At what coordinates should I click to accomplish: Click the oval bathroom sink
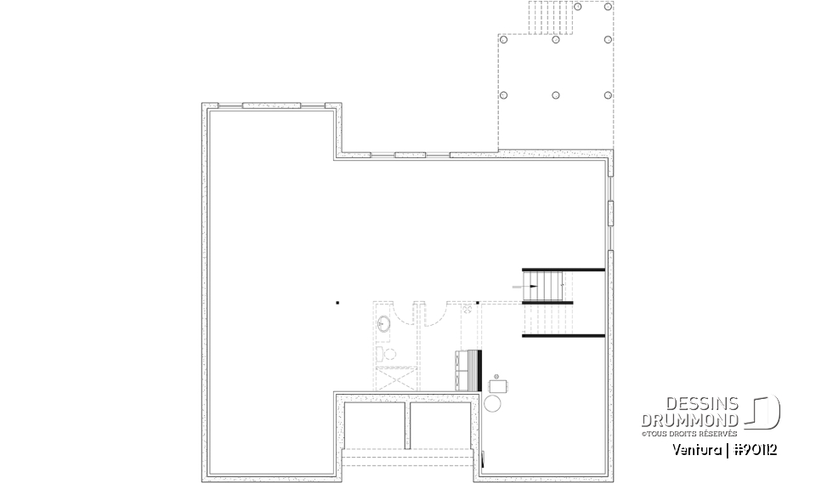[x=383, y=323]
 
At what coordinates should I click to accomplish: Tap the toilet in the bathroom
[x=382, y=353]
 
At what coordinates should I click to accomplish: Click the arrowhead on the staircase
[x=521, y=287]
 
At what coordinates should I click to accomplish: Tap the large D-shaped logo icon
[x=762, y=412]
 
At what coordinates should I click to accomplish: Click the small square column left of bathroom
[x=337, y=302]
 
